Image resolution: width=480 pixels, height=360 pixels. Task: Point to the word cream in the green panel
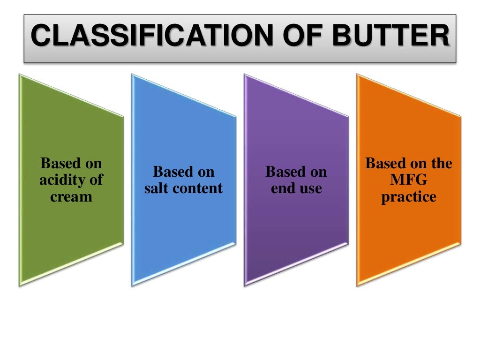tap(71, 196)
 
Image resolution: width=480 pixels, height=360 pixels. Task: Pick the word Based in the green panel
tap(59, 164)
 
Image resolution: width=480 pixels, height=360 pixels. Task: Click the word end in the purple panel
tap(281, 188)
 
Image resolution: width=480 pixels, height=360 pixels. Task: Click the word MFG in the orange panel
tap(409, 180)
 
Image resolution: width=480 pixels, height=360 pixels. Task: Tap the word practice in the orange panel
tap(409, 196)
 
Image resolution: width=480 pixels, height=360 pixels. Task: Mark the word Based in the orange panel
tap(383, 164)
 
